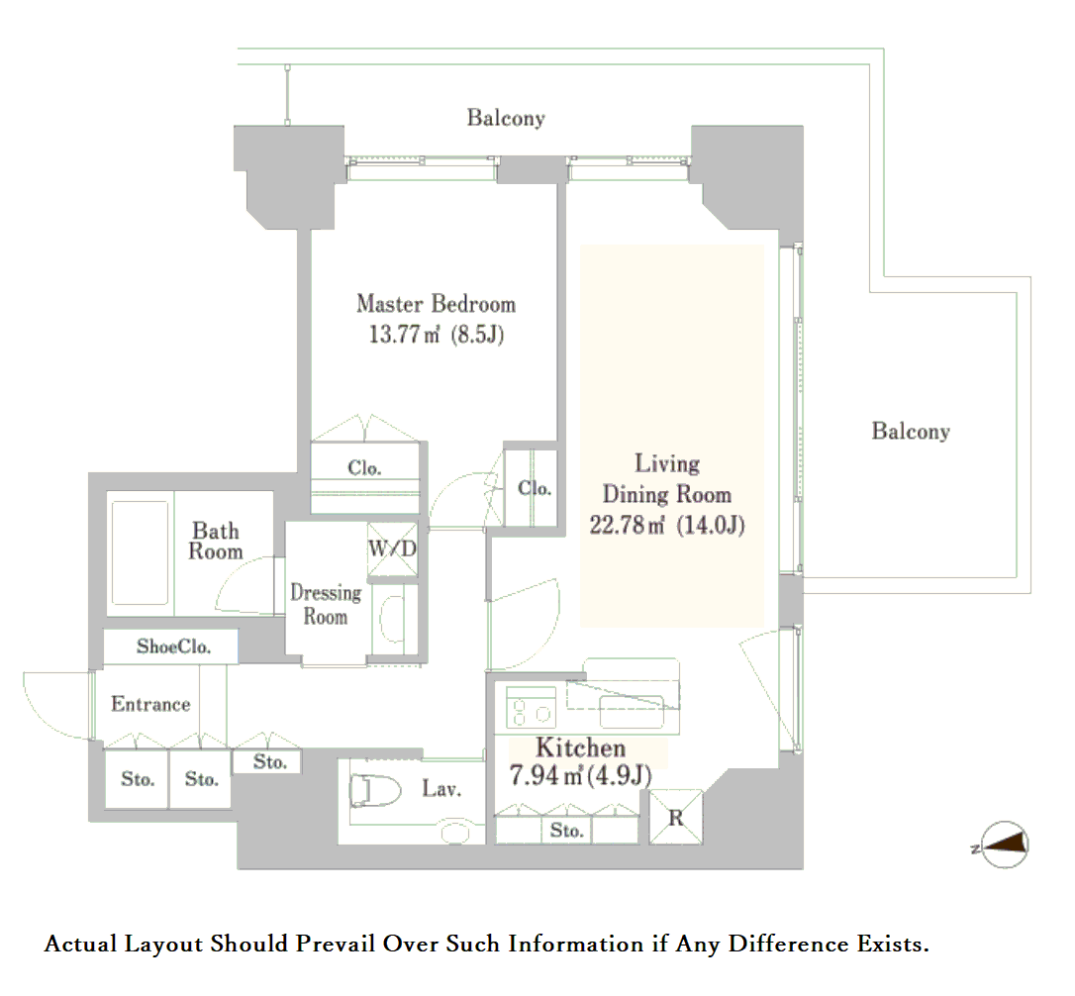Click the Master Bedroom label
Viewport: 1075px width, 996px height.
[x=436, y=304]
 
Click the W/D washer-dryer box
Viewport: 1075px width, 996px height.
[x=392, y=548]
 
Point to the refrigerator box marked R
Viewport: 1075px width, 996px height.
[x=676, y=817]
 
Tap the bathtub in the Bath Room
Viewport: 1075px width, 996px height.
[x=140, y=552]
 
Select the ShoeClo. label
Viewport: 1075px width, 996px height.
[x=173, y=647]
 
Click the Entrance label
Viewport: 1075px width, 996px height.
[x=150, y=704]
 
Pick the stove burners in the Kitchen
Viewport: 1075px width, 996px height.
[x=531, y=707]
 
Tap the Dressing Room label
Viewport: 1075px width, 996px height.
[x=326, y=604]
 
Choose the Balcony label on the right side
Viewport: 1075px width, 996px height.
[x=911, y=431]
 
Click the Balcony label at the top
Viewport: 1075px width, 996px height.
[x=506, y=118]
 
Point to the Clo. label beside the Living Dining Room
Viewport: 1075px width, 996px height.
[x=535, y=488]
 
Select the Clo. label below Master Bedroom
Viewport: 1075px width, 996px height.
[x=364, y=468]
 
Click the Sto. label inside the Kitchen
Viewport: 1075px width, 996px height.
[x=567, y=830]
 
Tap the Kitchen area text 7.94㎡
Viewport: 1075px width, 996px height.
[x=545, y=775]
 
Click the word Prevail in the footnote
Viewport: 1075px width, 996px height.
[x=336, y=944]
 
